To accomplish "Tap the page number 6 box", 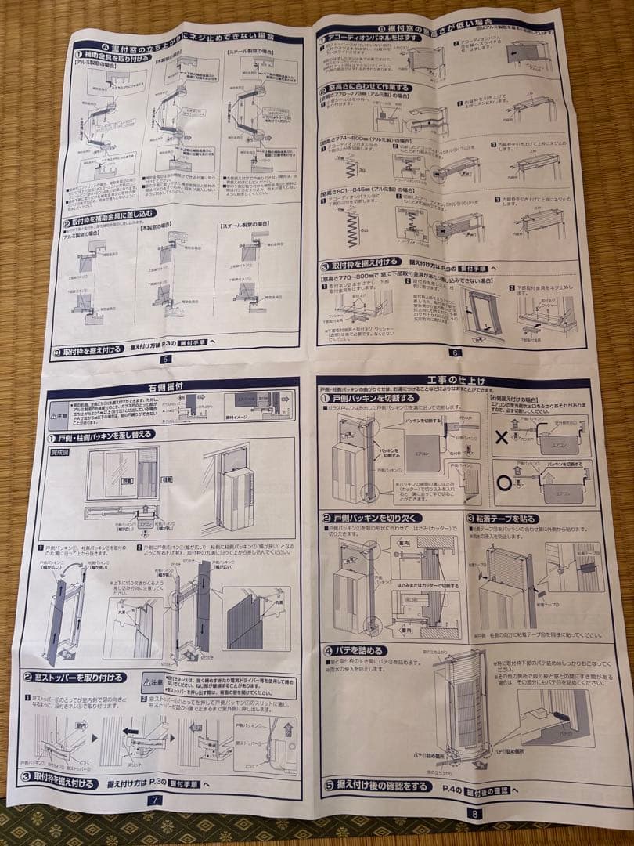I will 456,352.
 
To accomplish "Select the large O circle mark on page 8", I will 505,483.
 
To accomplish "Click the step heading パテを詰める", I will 355,650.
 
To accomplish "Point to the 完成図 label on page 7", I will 59,452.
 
